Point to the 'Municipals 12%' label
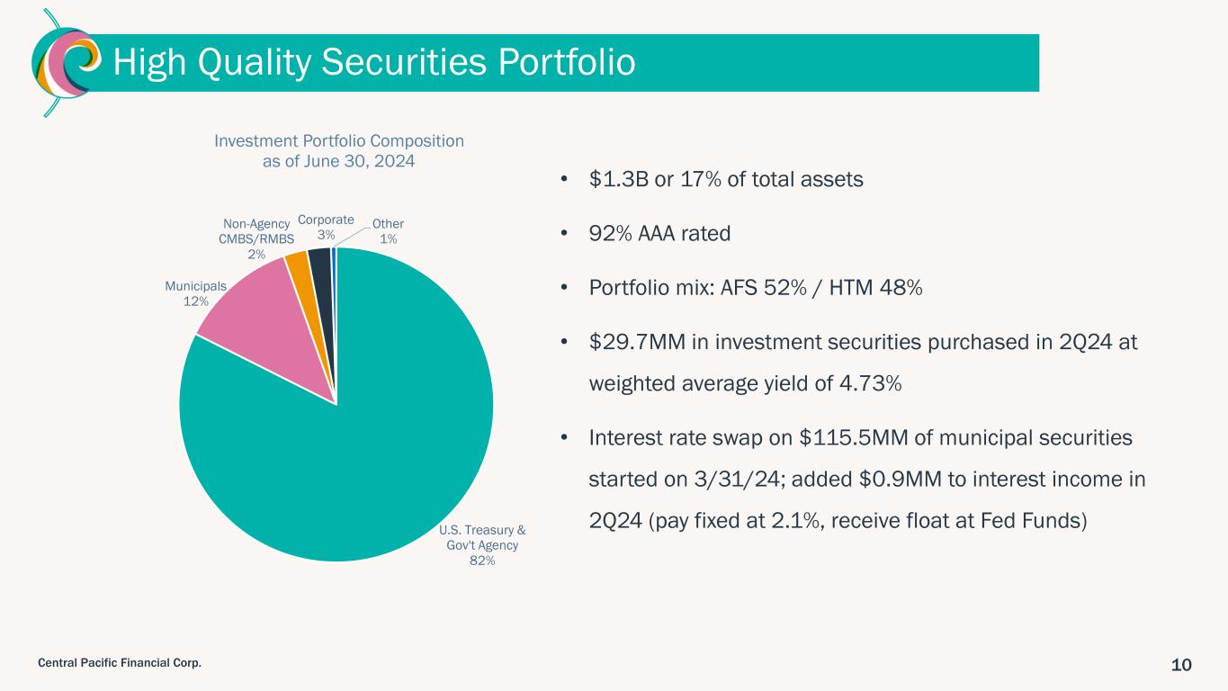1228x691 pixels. pos(196,293)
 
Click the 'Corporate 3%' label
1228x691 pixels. pos(326,227)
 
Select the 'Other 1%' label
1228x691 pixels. pos(388,231)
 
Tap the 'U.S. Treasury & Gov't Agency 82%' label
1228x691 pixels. pos(482,545)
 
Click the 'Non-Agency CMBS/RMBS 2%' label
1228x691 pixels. pos(256,238)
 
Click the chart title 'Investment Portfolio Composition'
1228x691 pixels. pos(339,141)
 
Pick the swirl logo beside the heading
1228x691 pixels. pos(66,62)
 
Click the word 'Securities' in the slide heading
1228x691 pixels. pos(403,61)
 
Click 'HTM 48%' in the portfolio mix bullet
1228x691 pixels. pos(875,287)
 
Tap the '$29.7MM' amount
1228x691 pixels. pos(637,342)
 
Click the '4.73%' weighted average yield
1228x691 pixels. pos(871,383)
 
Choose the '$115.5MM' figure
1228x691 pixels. pos(854,437)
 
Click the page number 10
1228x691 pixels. pos(1181,665)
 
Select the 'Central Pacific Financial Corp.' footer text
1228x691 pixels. pos(120,663)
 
